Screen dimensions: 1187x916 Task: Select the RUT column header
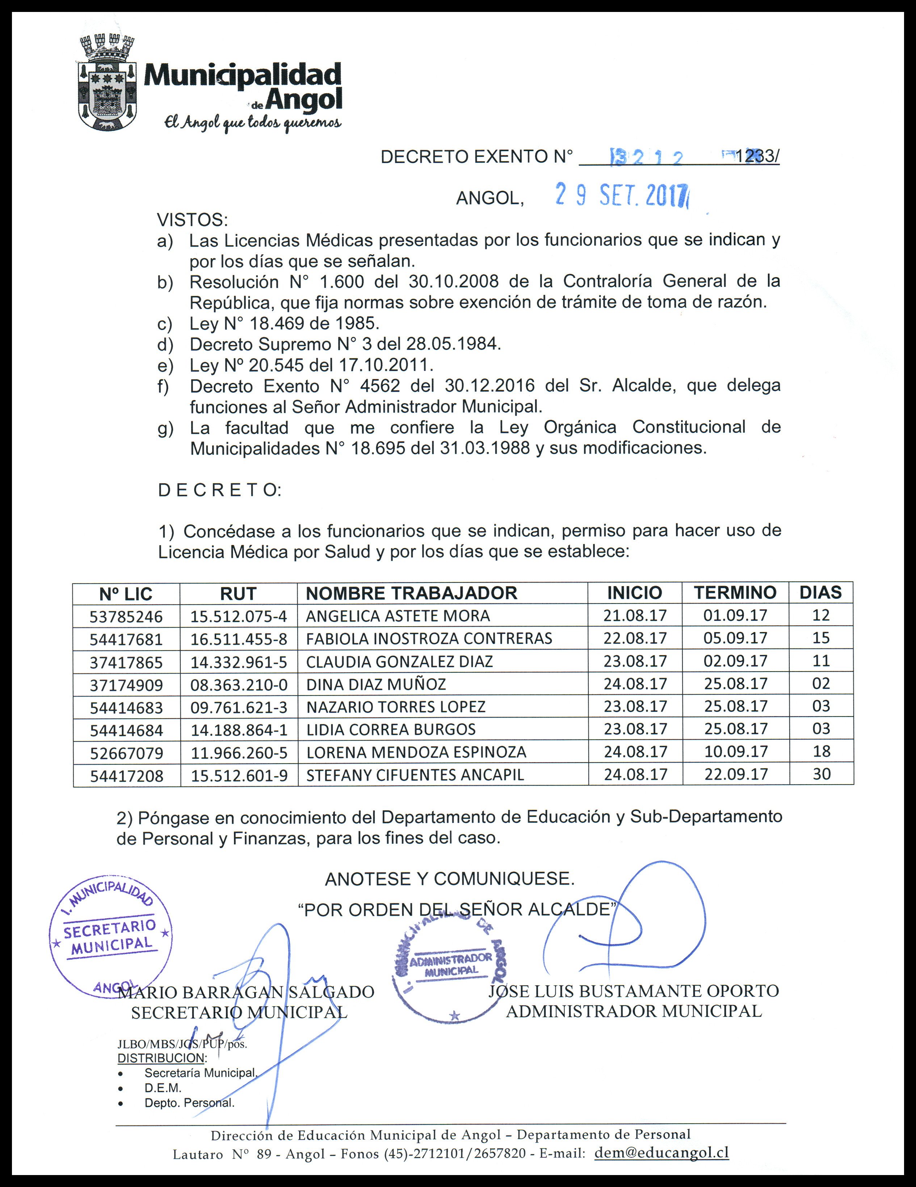coord(239,593)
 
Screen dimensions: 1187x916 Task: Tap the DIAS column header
coord(820,592)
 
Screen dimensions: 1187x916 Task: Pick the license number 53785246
coord(126,617)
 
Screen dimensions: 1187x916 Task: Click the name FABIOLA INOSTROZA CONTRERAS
coord(429,639)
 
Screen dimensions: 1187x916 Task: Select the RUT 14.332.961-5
coord(239,662)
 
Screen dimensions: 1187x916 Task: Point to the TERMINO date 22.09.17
coord(736,774)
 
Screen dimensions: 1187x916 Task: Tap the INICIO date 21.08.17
coord(635,615)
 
